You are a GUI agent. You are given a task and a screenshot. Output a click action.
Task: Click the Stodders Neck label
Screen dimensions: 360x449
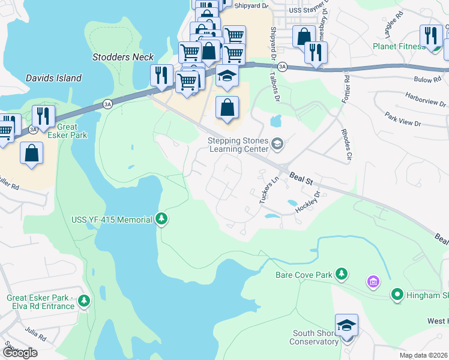point(123,58)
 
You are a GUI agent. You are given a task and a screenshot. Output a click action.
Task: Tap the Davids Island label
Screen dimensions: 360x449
point(53,78)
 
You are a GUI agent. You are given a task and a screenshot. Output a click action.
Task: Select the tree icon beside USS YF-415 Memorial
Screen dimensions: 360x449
point(161,220)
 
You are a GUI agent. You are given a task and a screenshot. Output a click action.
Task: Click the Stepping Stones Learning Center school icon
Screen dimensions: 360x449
point(277,143)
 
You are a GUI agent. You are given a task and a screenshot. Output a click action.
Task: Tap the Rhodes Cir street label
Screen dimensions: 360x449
point(345,144)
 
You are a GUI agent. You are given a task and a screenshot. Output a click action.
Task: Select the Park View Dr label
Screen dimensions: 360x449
point(403,119)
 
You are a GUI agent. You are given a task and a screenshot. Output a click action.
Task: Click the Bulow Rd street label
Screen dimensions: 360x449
point(427,79)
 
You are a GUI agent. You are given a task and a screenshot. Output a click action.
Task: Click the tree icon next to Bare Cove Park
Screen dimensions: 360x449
point(342,274)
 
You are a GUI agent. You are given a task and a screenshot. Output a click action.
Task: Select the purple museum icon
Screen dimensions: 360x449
point(372,281)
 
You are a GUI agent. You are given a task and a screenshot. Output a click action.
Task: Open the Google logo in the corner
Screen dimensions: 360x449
point(20,353)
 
